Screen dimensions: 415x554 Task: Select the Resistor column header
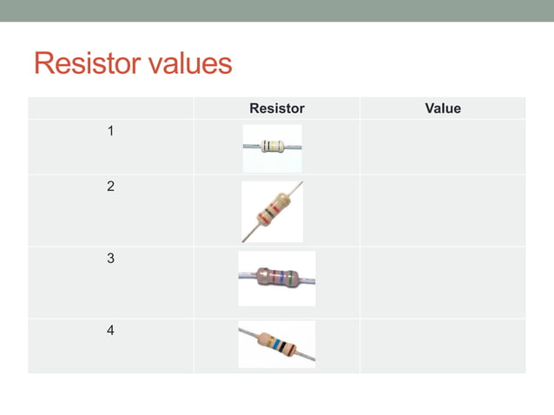pos(276,109)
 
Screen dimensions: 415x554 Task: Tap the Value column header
pos(442,109)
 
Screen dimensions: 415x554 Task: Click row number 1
pos(110,132)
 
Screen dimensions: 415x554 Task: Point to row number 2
pos(110,187)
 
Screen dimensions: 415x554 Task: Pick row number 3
pos(110,259)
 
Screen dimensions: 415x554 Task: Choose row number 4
pos(110,331)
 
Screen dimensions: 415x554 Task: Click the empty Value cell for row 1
pos(442,147)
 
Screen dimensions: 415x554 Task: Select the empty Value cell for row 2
pos(442,210)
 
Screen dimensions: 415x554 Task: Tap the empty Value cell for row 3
pos(442,282)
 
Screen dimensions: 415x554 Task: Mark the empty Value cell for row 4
pos(442,346)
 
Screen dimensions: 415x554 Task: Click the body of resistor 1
pos(272,146)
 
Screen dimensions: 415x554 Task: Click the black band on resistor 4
pos(281,347)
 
